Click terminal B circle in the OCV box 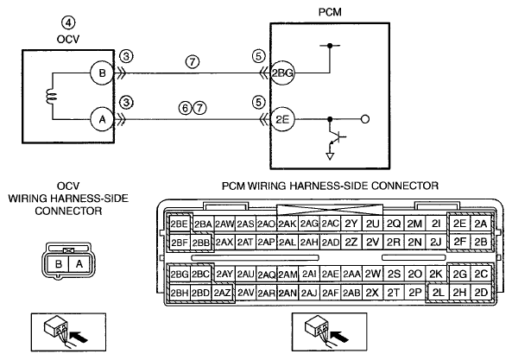[x=102, y=73]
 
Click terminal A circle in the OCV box [x=102, y=119]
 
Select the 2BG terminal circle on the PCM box [x=282, y=73]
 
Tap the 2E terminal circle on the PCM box [x=282, y=119]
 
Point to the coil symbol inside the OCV [x=53, y=97]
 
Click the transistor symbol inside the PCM [x=337, y=137]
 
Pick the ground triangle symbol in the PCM [x=330, y=156]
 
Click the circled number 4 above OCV [x=68, y=22]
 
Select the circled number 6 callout [x=185, y=108]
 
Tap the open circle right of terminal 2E [x=366, y=119]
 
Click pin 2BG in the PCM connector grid [x=179, y=275]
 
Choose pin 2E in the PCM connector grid [x=459, y=224]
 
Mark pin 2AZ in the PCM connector [x=223, y=293]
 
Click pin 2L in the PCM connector [x=438, y=293]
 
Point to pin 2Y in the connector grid [x=351, y=224]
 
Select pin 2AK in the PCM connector [x=288, y=224]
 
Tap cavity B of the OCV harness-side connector [x=59, y=263]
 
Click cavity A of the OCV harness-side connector [x=79, y=263]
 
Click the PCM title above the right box [x=330, y=12]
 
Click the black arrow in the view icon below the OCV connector [x=79, y=337]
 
